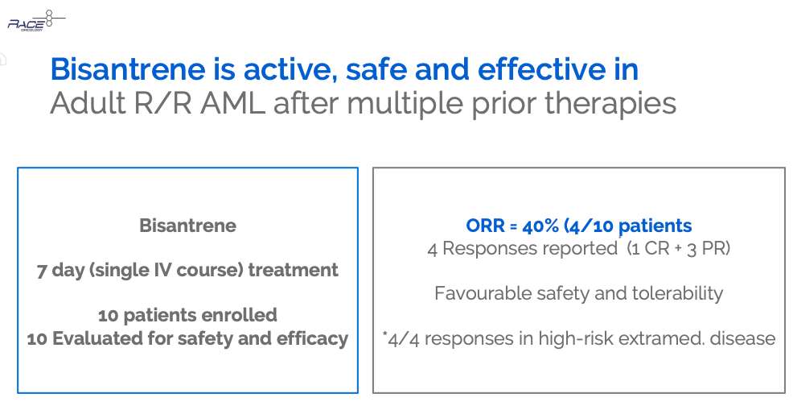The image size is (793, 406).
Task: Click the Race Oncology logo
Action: (x=36, y=21)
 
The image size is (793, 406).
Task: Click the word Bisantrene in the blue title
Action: (x=128, y=69)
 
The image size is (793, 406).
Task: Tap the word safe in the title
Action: (x=378, y=69)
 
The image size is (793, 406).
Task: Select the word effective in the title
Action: (x=541, y=69)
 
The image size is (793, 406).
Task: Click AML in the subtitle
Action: (x=232, y=103)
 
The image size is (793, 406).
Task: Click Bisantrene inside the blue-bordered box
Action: (x=187, y=226)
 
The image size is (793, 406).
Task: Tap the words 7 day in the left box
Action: (x=60, y=271)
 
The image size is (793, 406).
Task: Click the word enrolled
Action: (x=239, y=315)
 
